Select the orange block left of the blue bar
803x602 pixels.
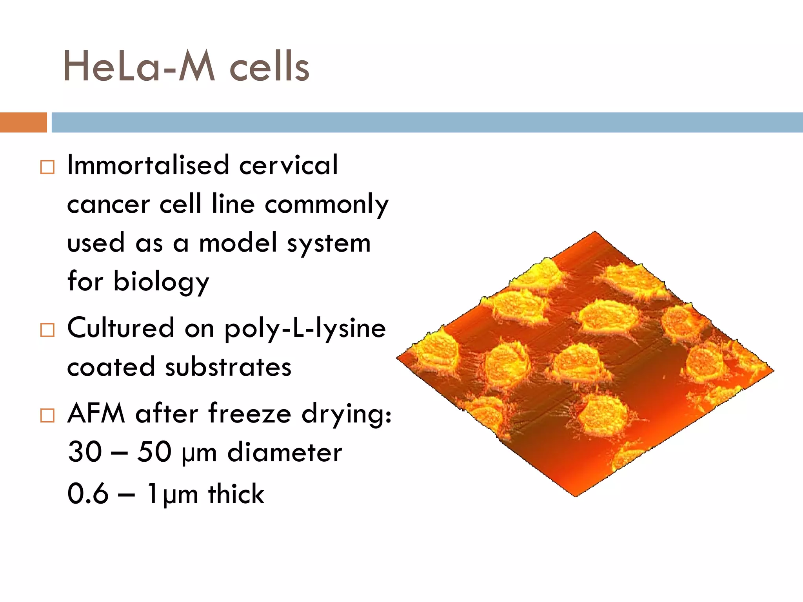click(x=23, y=122)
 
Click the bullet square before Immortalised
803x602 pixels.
click(x=47, y=167)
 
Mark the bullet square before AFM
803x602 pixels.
click(x=47, y=415)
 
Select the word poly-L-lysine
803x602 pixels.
click(x=305, y=328)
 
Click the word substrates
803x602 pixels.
click(x=228, y=367)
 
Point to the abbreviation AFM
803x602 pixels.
click(x=96, y=413)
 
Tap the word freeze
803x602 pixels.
click(x=250, y=413)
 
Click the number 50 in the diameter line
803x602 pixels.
click(x=154, y=452)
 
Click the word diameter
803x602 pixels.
click(x=285, y=452)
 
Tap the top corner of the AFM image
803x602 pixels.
click(x=595, y=232)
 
